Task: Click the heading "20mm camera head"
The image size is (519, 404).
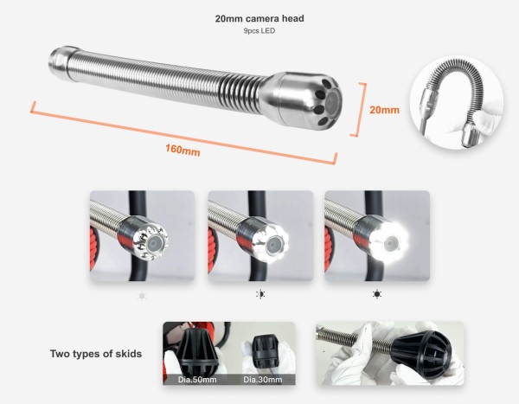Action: (x=259, y=18)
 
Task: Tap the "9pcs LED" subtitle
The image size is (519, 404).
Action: (x=259, y=31)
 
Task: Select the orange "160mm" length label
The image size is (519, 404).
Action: (x=183, y=150)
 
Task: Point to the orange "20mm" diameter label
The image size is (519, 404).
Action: (x=384, y=110)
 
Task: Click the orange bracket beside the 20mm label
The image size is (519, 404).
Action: (x=359, y=110)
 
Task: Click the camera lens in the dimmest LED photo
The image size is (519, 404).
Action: (x=153, y=244)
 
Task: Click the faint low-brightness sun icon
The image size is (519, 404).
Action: (x=142, y=295)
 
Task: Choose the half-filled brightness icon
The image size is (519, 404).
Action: (x=260, y=294)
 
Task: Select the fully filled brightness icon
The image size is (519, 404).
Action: (x=376, y=294)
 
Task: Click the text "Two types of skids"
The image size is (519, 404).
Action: (x=96, y=354)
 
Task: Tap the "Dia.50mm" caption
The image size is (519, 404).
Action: (x=197, y=380)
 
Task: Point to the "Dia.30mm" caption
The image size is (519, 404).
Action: (x=263, y=380)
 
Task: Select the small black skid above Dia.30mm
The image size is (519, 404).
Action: (x=264, y=349)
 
